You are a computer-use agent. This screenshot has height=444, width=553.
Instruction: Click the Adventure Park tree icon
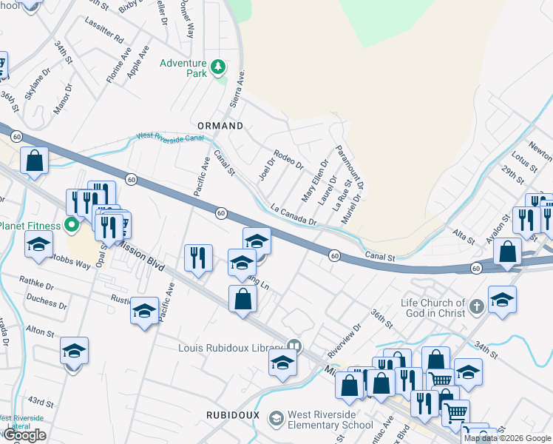tap(217, 68)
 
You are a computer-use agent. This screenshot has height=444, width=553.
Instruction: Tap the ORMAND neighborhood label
tap(219, 126)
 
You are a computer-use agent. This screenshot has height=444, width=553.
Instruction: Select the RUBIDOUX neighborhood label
tap(233, 415)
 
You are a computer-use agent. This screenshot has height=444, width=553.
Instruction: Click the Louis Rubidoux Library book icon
tap(294, 346)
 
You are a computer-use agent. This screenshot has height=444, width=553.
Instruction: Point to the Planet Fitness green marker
tap(71, 224)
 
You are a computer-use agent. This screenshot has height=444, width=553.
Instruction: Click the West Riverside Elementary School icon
tap(276, 420)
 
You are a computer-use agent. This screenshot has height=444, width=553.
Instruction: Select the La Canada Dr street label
tap(294, 216)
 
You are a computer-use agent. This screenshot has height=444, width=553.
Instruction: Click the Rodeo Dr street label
tap(288, 159)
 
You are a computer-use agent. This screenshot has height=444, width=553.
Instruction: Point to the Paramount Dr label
tap(350, 167)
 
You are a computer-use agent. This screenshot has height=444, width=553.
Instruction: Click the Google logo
tap(24, 435)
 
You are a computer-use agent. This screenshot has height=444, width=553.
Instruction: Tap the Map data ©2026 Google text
tap(508, 438)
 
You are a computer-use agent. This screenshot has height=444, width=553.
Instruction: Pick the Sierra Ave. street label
tap(238, 90)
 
